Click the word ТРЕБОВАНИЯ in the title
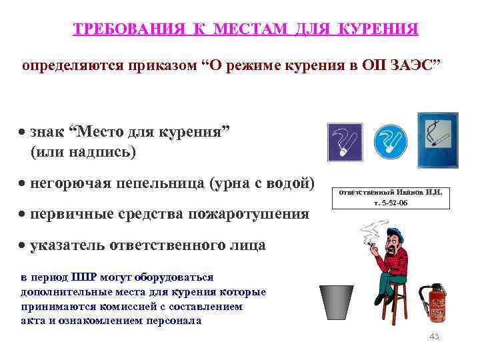pos(127,30)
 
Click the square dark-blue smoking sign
pos(345,141)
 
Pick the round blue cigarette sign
pos(390,141)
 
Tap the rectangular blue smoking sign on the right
pos(437,139)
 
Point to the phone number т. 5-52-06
pos(391,202)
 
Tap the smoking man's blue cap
pos(399,234)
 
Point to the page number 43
pos(434,337)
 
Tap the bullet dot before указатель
pos(23,246)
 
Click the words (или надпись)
pos(83,152)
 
